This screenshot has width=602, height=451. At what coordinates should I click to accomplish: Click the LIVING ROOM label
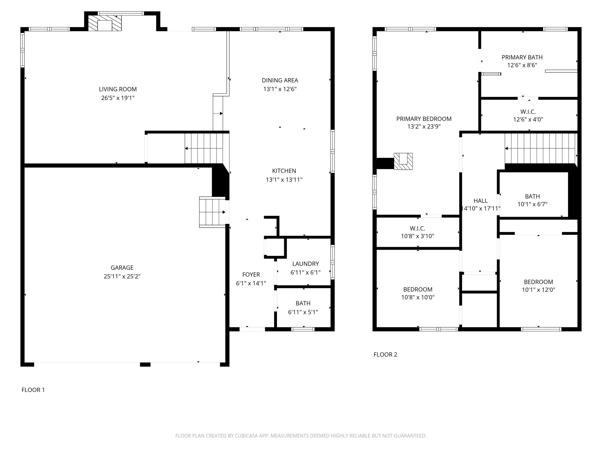coord(118,89)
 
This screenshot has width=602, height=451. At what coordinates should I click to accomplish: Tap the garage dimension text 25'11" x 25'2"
coord(122,276)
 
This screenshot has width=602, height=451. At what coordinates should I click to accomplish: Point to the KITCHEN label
coord(284,171)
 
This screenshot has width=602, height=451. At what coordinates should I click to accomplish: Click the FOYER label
coord(251,275)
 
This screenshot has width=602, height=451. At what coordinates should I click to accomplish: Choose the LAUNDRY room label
coord(305,264)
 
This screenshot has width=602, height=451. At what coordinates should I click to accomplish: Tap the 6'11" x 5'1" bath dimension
coord(303,312)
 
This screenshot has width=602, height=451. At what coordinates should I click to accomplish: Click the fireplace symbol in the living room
coord(105,23)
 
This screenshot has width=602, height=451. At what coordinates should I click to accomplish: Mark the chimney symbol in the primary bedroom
coord(403,161)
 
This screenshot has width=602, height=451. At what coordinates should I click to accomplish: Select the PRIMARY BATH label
coord(522,57)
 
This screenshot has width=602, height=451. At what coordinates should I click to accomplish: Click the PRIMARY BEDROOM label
coord(424,119)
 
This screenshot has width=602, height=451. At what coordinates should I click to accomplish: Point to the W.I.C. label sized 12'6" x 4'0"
coord(528,112)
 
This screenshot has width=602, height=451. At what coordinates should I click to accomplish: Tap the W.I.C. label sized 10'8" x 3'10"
coord(417,228)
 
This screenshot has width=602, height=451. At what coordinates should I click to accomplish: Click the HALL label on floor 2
coord(480,201)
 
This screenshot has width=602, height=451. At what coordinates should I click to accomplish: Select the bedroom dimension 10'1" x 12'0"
coord(538,290)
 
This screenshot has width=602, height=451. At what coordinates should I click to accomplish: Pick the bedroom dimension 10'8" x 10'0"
coord(418,297)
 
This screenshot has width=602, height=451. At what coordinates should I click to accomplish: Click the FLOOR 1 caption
coord(33,390)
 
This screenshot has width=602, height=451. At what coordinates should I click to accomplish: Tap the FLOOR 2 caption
coord(385,354)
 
